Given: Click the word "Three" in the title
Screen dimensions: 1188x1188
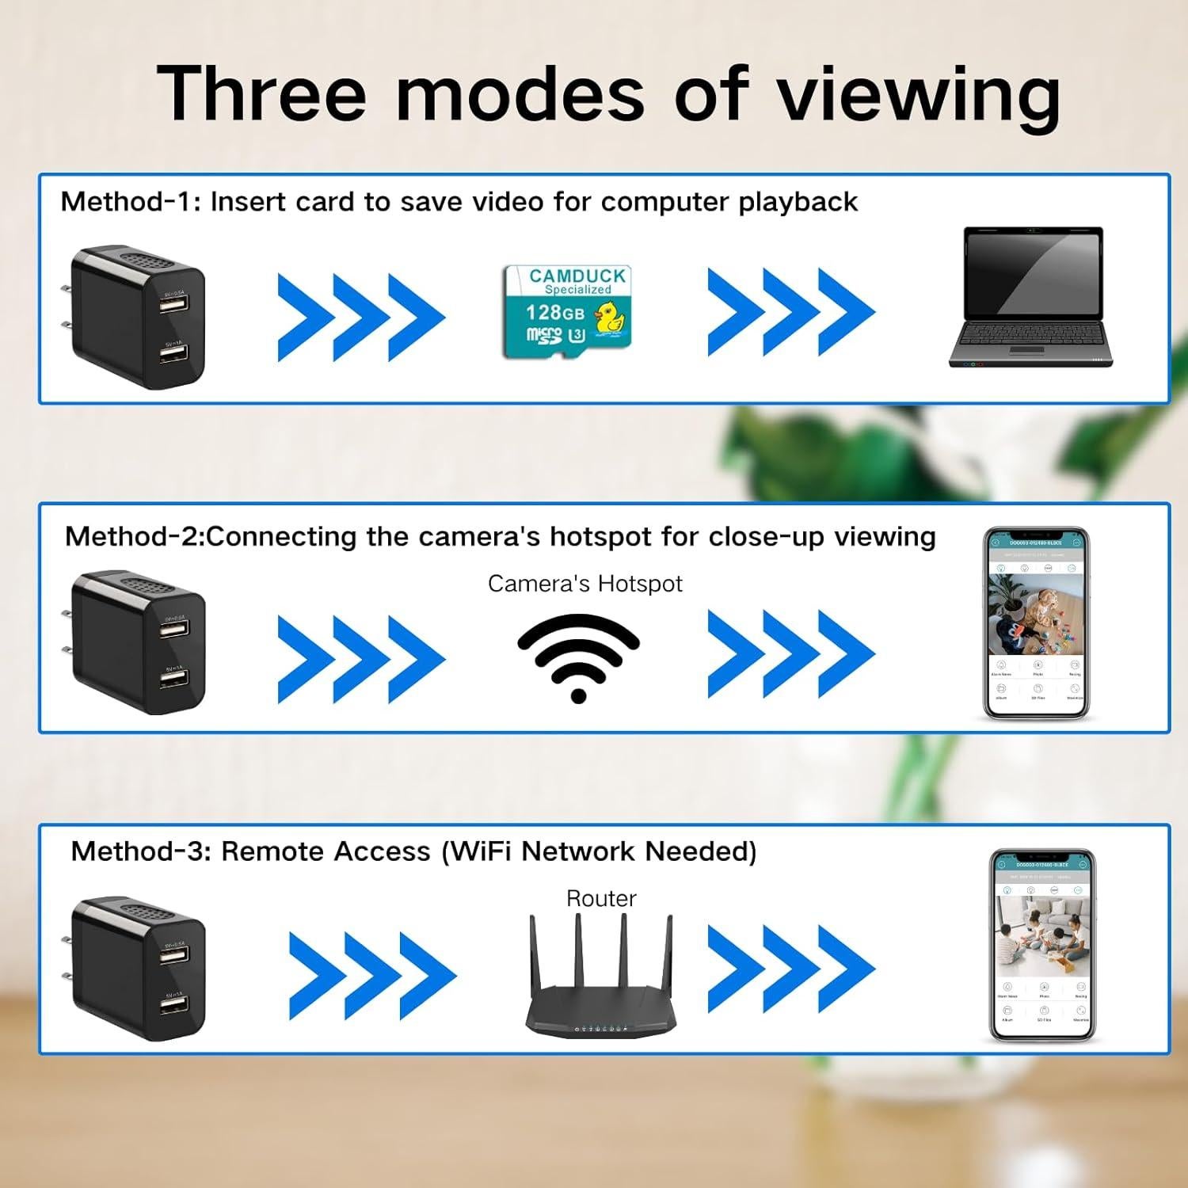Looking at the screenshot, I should coord(261,93).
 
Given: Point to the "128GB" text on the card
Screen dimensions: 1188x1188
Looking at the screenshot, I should coord(554,313).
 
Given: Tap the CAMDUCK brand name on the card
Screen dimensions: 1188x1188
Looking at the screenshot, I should coord(577,276).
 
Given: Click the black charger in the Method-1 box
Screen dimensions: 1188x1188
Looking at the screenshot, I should coord(135,317).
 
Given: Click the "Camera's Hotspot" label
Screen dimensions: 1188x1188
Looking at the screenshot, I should coord(584,584).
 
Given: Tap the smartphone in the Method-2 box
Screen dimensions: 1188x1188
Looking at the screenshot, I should coord(1036,624).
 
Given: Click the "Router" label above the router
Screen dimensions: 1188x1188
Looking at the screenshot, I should coord(601,898).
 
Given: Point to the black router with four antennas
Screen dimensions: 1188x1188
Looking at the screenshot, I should coord(601,982).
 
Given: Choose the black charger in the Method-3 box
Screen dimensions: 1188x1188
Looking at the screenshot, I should coord(135,968).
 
